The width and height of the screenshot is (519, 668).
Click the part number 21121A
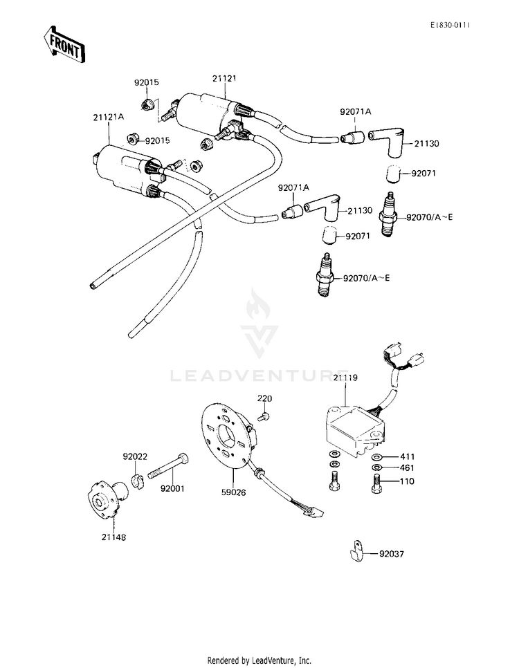[108, 117]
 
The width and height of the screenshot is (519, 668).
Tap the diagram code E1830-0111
[449, 25]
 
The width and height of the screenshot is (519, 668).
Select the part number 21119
[345, 378]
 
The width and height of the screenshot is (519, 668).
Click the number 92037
[393, 554]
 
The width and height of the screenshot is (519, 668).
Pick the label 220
[266, 399]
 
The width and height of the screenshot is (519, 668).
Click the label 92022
[135, 457]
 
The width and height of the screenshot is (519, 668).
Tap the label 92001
[173, 488]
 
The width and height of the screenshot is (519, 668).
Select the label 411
[406, 457]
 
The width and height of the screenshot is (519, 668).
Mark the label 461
[406, 468]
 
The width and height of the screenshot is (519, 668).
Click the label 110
[406, 481]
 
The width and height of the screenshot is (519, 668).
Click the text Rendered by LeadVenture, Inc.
[259, 660]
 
